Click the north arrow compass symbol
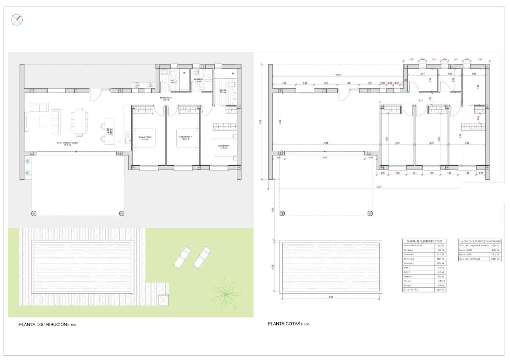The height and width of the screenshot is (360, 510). (x=17, y=20)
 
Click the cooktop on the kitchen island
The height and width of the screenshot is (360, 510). (x=110, y=131)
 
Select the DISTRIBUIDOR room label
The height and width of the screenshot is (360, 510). (x=166, y=98)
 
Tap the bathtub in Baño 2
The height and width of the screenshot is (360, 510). (x=164, y=72)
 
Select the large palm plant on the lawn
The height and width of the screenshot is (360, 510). (x=226, y=293)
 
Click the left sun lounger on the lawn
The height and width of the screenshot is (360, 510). (x=182, y=257)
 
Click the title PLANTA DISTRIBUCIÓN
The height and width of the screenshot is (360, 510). (x=43, y=325)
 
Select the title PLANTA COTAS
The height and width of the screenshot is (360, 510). (x=284, y=324)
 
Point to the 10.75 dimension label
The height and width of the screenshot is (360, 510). (x=338, y=75)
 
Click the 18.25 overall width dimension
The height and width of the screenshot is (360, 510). (x=379, y=187)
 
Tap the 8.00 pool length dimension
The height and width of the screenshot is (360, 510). (x=331, y=297)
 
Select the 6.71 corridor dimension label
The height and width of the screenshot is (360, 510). (x=421, y=100)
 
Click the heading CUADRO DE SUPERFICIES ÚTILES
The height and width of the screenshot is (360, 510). (x=424, y=241)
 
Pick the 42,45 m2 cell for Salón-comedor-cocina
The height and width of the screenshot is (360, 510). (x=440, y=246)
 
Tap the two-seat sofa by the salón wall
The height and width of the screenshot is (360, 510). (x=40, y=107)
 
